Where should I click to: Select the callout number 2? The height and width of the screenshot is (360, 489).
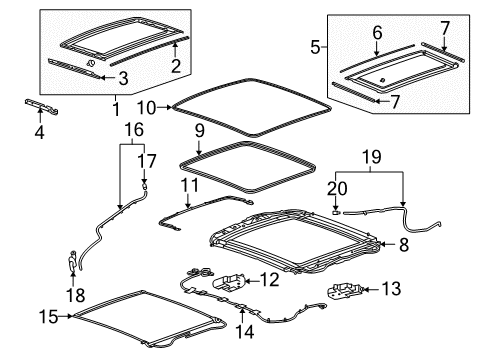[176, 67]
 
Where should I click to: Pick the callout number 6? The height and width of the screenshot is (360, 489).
[377, 34]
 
